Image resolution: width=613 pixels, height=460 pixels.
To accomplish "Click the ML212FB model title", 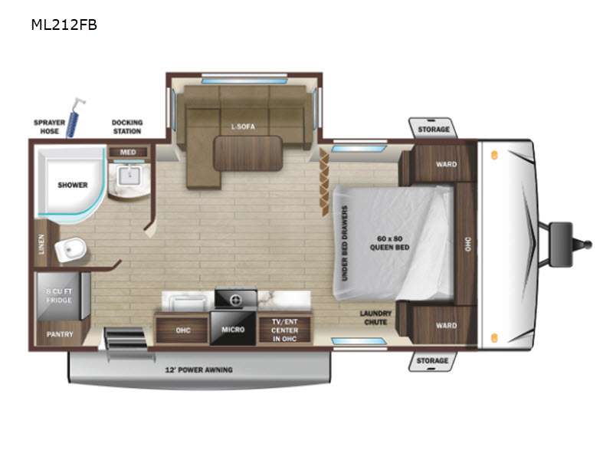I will pos(64,25).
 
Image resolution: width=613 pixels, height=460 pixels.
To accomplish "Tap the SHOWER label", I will pos(72,185).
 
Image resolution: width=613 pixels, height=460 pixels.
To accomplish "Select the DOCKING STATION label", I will pos(127,127).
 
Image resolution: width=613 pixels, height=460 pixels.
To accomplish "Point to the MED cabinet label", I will pos(128,152).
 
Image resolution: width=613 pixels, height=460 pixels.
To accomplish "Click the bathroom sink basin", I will pos(127,179).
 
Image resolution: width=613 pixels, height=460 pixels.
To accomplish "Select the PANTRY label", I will pos(60,334).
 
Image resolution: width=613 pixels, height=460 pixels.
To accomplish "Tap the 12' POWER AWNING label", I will pos(199,370).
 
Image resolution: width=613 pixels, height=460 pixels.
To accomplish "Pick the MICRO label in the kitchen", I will pos(233,330).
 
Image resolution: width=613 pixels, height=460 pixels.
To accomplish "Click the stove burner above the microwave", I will pos(235,298).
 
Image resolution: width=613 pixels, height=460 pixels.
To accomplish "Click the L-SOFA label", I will pos(243,127).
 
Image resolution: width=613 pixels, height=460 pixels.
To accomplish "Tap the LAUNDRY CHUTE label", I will pos(376,317).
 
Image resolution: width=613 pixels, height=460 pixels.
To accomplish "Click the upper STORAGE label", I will pos(433,130).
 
